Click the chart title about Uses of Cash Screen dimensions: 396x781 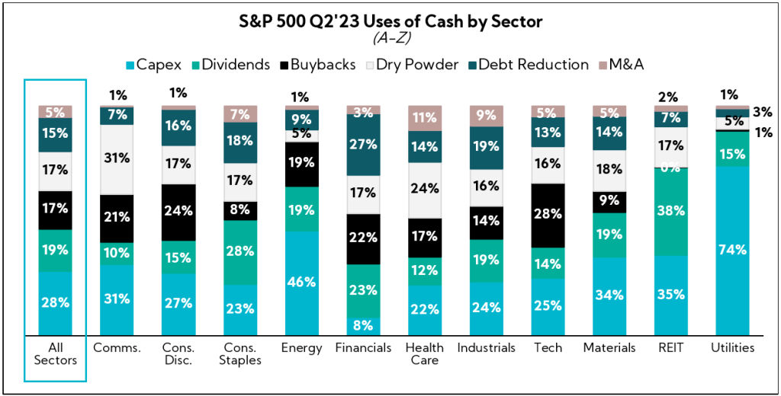(390, 21)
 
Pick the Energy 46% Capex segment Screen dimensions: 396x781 (301, 283)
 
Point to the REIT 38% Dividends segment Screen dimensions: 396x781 (672, 212)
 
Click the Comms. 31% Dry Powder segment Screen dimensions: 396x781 (116, 159)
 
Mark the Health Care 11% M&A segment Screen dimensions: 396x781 (424, 118)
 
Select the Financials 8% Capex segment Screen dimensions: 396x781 (363, 326)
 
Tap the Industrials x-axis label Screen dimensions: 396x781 (487, 348)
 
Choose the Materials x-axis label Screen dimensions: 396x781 (609, 348)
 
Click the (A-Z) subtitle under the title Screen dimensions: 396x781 (390, 37)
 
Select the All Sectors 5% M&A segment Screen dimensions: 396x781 (55, 112)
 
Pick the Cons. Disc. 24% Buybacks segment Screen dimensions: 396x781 (178, 211)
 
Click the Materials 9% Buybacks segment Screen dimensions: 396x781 (609, 202)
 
